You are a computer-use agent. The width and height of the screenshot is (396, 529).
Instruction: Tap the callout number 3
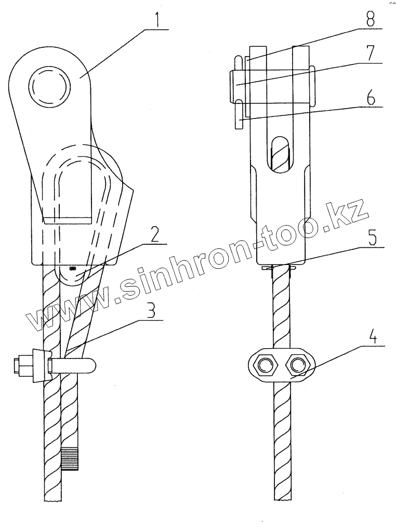(x=151, y=311)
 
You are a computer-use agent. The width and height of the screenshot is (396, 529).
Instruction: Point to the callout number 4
(x=373, y=336)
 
